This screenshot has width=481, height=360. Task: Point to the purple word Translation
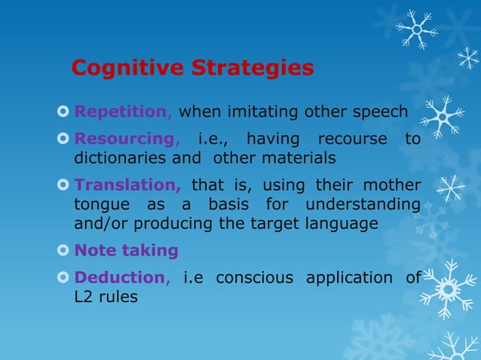coord(127,185)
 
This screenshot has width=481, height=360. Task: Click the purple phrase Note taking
coord(126,251)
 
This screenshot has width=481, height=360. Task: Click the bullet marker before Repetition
coord(63,114)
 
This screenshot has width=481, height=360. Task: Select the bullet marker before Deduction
coord(63,278)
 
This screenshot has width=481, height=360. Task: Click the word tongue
coord(97,205)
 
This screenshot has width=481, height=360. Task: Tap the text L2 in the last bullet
coord(83,297)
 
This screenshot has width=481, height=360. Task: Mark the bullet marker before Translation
coord(63,186)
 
